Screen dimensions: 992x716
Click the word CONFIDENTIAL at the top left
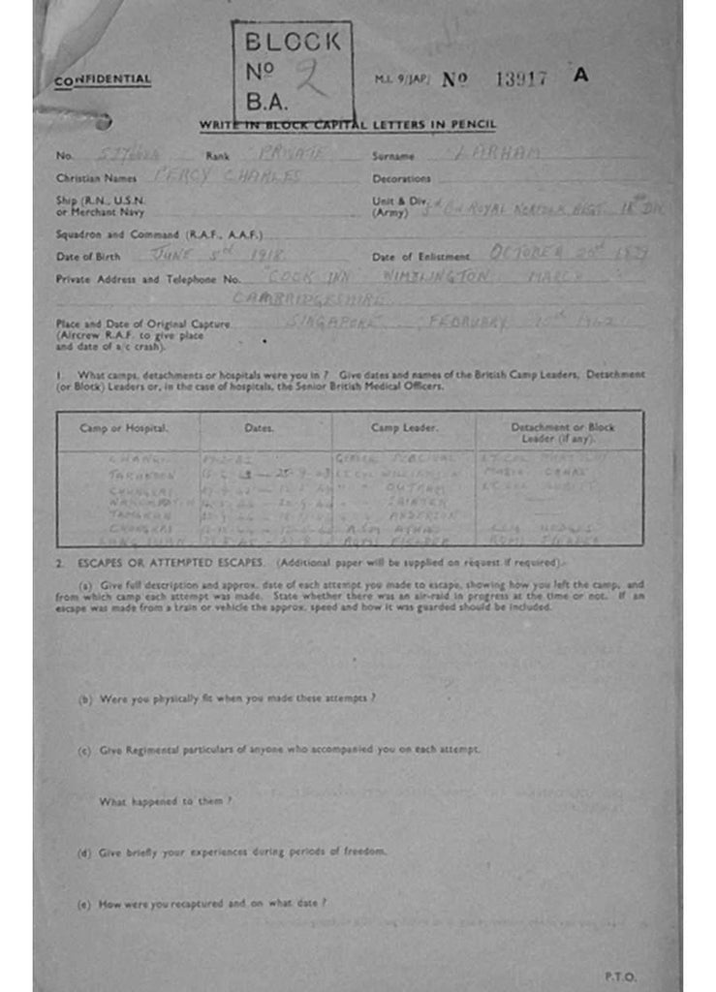coord(104,80)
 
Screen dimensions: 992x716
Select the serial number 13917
coord(521,79)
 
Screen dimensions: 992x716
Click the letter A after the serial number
coord(580,75)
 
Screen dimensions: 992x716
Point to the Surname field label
coord(392,155)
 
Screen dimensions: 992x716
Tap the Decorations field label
coord(401,179)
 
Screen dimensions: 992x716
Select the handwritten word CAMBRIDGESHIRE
coord(312,299)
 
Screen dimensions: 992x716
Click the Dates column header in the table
coord(259,427)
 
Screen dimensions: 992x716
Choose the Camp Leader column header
coord(404,427)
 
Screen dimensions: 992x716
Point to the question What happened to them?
coord(166,801)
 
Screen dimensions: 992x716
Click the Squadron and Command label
coord(159,234)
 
